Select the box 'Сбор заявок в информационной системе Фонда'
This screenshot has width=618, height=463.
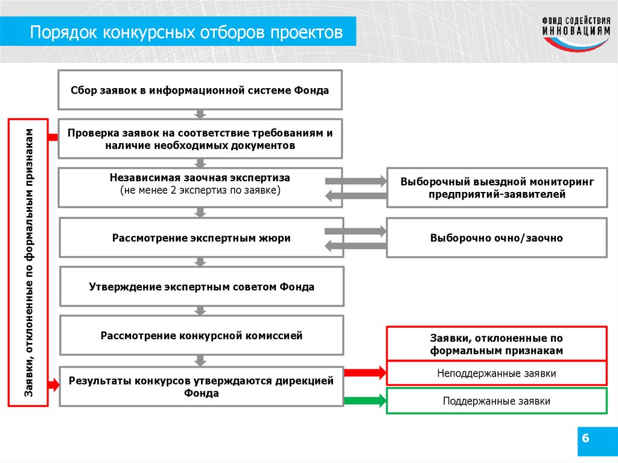[200, 91]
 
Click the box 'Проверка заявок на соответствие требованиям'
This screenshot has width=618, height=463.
[200, 138]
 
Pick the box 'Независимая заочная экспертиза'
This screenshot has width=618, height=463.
[200, 184]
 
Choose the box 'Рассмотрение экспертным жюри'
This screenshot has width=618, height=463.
[201, 238]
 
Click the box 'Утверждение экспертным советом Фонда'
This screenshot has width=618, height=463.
[201, 287]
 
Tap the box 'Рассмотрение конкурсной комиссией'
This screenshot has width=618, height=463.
[201, 335]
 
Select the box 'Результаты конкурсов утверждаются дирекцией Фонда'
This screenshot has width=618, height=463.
[201, 387]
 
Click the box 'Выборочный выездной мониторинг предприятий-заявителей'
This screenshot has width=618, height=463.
[496, 188]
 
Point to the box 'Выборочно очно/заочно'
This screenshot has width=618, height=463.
[496, 238]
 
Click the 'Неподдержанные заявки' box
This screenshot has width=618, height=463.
[496, 374]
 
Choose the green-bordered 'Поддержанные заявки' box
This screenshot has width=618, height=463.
[496, 401]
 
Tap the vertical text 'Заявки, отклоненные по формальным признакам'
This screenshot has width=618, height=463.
[28, 262]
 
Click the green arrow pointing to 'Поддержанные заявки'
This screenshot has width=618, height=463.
[365, 400]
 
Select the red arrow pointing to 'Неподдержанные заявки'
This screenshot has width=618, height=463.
[365, 373]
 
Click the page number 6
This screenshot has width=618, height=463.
[584, 437]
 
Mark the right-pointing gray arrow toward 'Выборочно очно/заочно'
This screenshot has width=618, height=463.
[355, 231]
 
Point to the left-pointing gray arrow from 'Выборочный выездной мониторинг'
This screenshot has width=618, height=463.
[355, 195]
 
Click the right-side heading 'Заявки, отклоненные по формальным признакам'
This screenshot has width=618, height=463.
[496, 344]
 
